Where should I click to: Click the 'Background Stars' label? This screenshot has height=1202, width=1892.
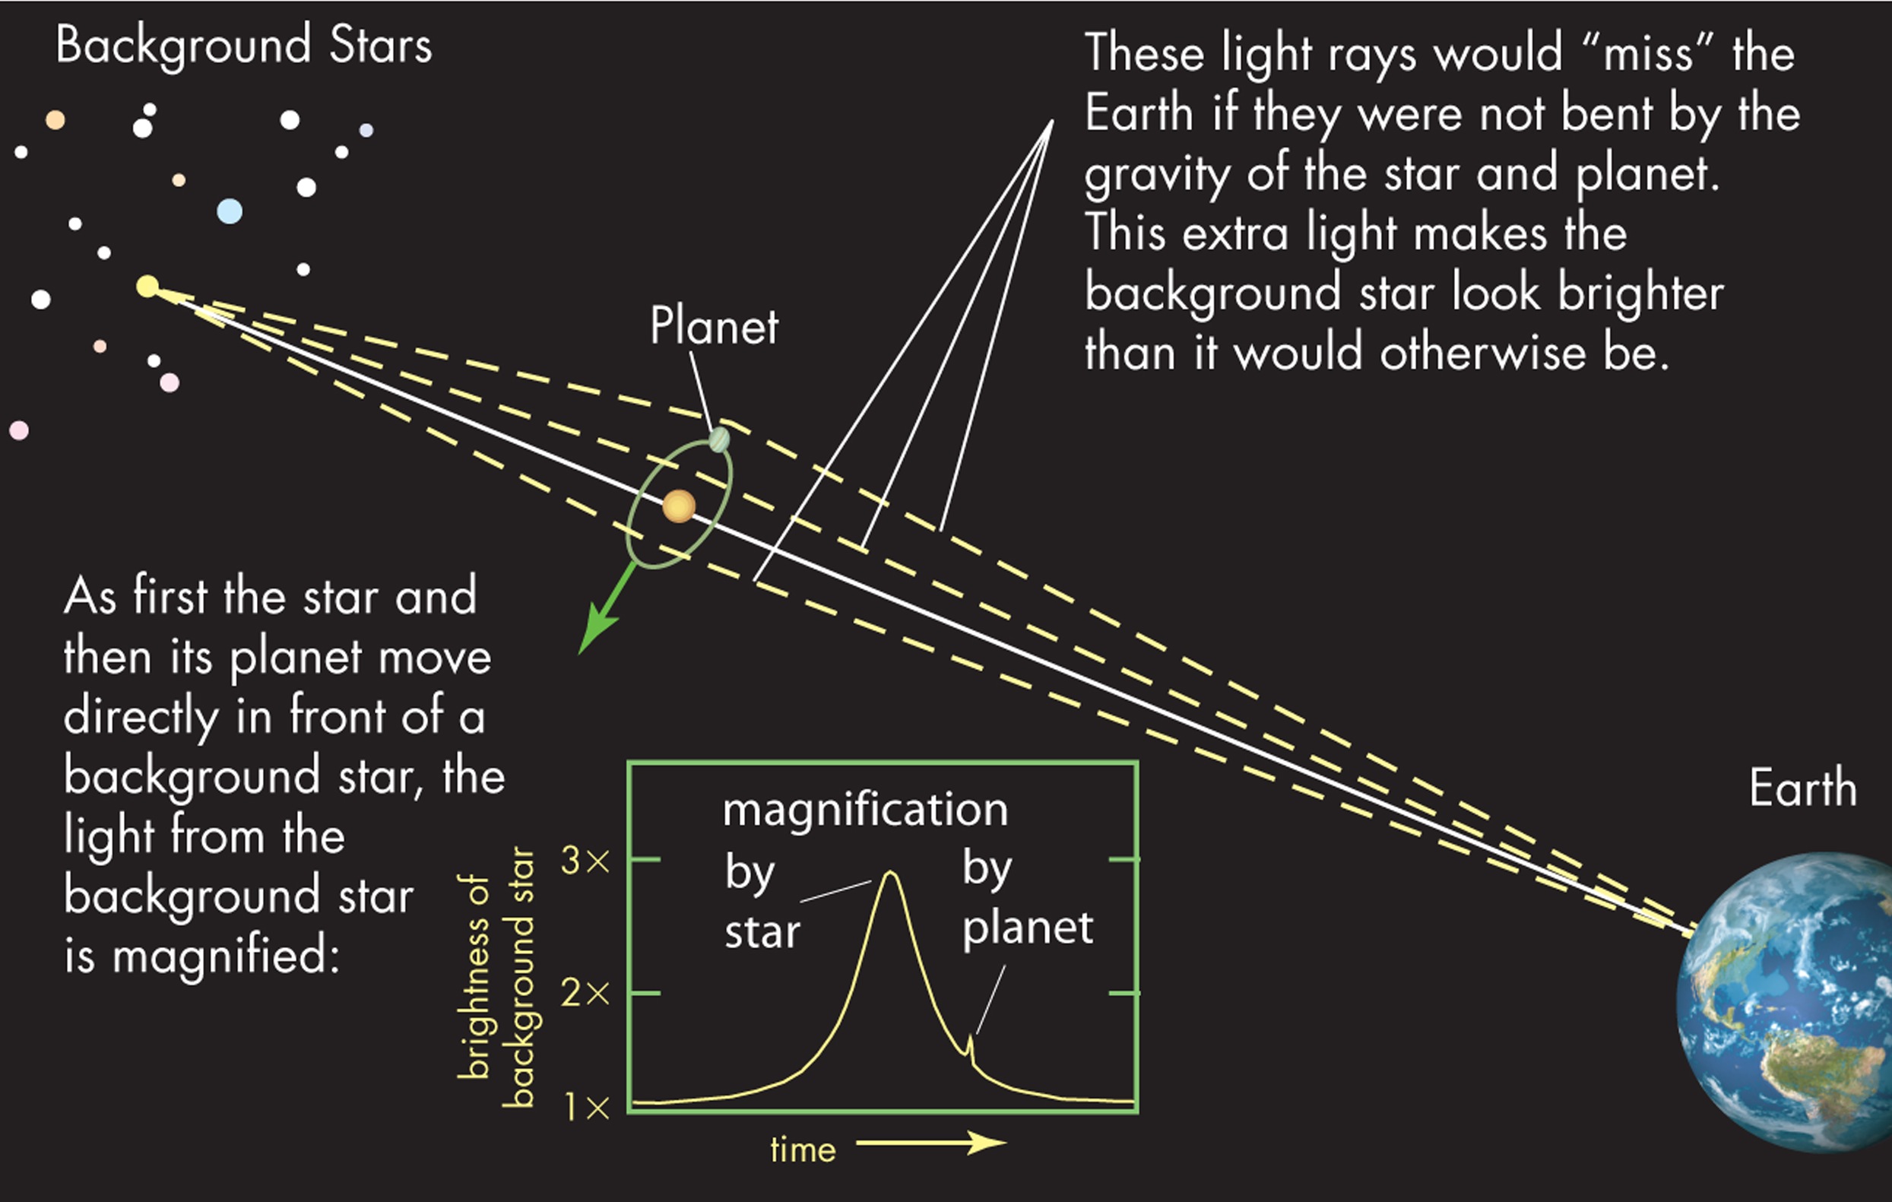[243, 46]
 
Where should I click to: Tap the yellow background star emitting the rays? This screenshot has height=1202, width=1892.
[147, 286]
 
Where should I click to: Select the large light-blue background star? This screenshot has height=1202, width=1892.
[230, 211]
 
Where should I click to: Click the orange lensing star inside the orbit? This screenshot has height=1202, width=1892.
[679, 506]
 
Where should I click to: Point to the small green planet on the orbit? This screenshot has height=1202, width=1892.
[719, 439]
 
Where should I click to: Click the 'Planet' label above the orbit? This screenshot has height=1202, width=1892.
[714, 326]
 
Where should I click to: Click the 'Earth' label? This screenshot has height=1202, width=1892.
[1802, 788]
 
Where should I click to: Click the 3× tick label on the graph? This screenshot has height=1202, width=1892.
[585, 862]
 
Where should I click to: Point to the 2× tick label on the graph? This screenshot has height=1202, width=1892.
[585, 994]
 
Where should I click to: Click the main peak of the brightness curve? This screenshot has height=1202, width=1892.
[890, 874]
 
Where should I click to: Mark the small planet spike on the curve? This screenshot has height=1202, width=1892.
[971, 1045]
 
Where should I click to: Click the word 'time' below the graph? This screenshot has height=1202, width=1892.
[803, 1150]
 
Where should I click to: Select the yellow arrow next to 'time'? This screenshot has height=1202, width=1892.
[931, 1142]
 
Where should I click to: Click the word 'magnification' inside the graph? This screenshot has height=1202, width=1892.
[865, 809]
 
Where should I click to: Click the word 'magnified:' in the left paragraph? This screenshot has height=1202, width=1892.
[226, 957]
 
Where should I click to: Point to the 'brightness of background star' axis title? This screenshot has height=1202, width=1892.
[496, 977]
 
